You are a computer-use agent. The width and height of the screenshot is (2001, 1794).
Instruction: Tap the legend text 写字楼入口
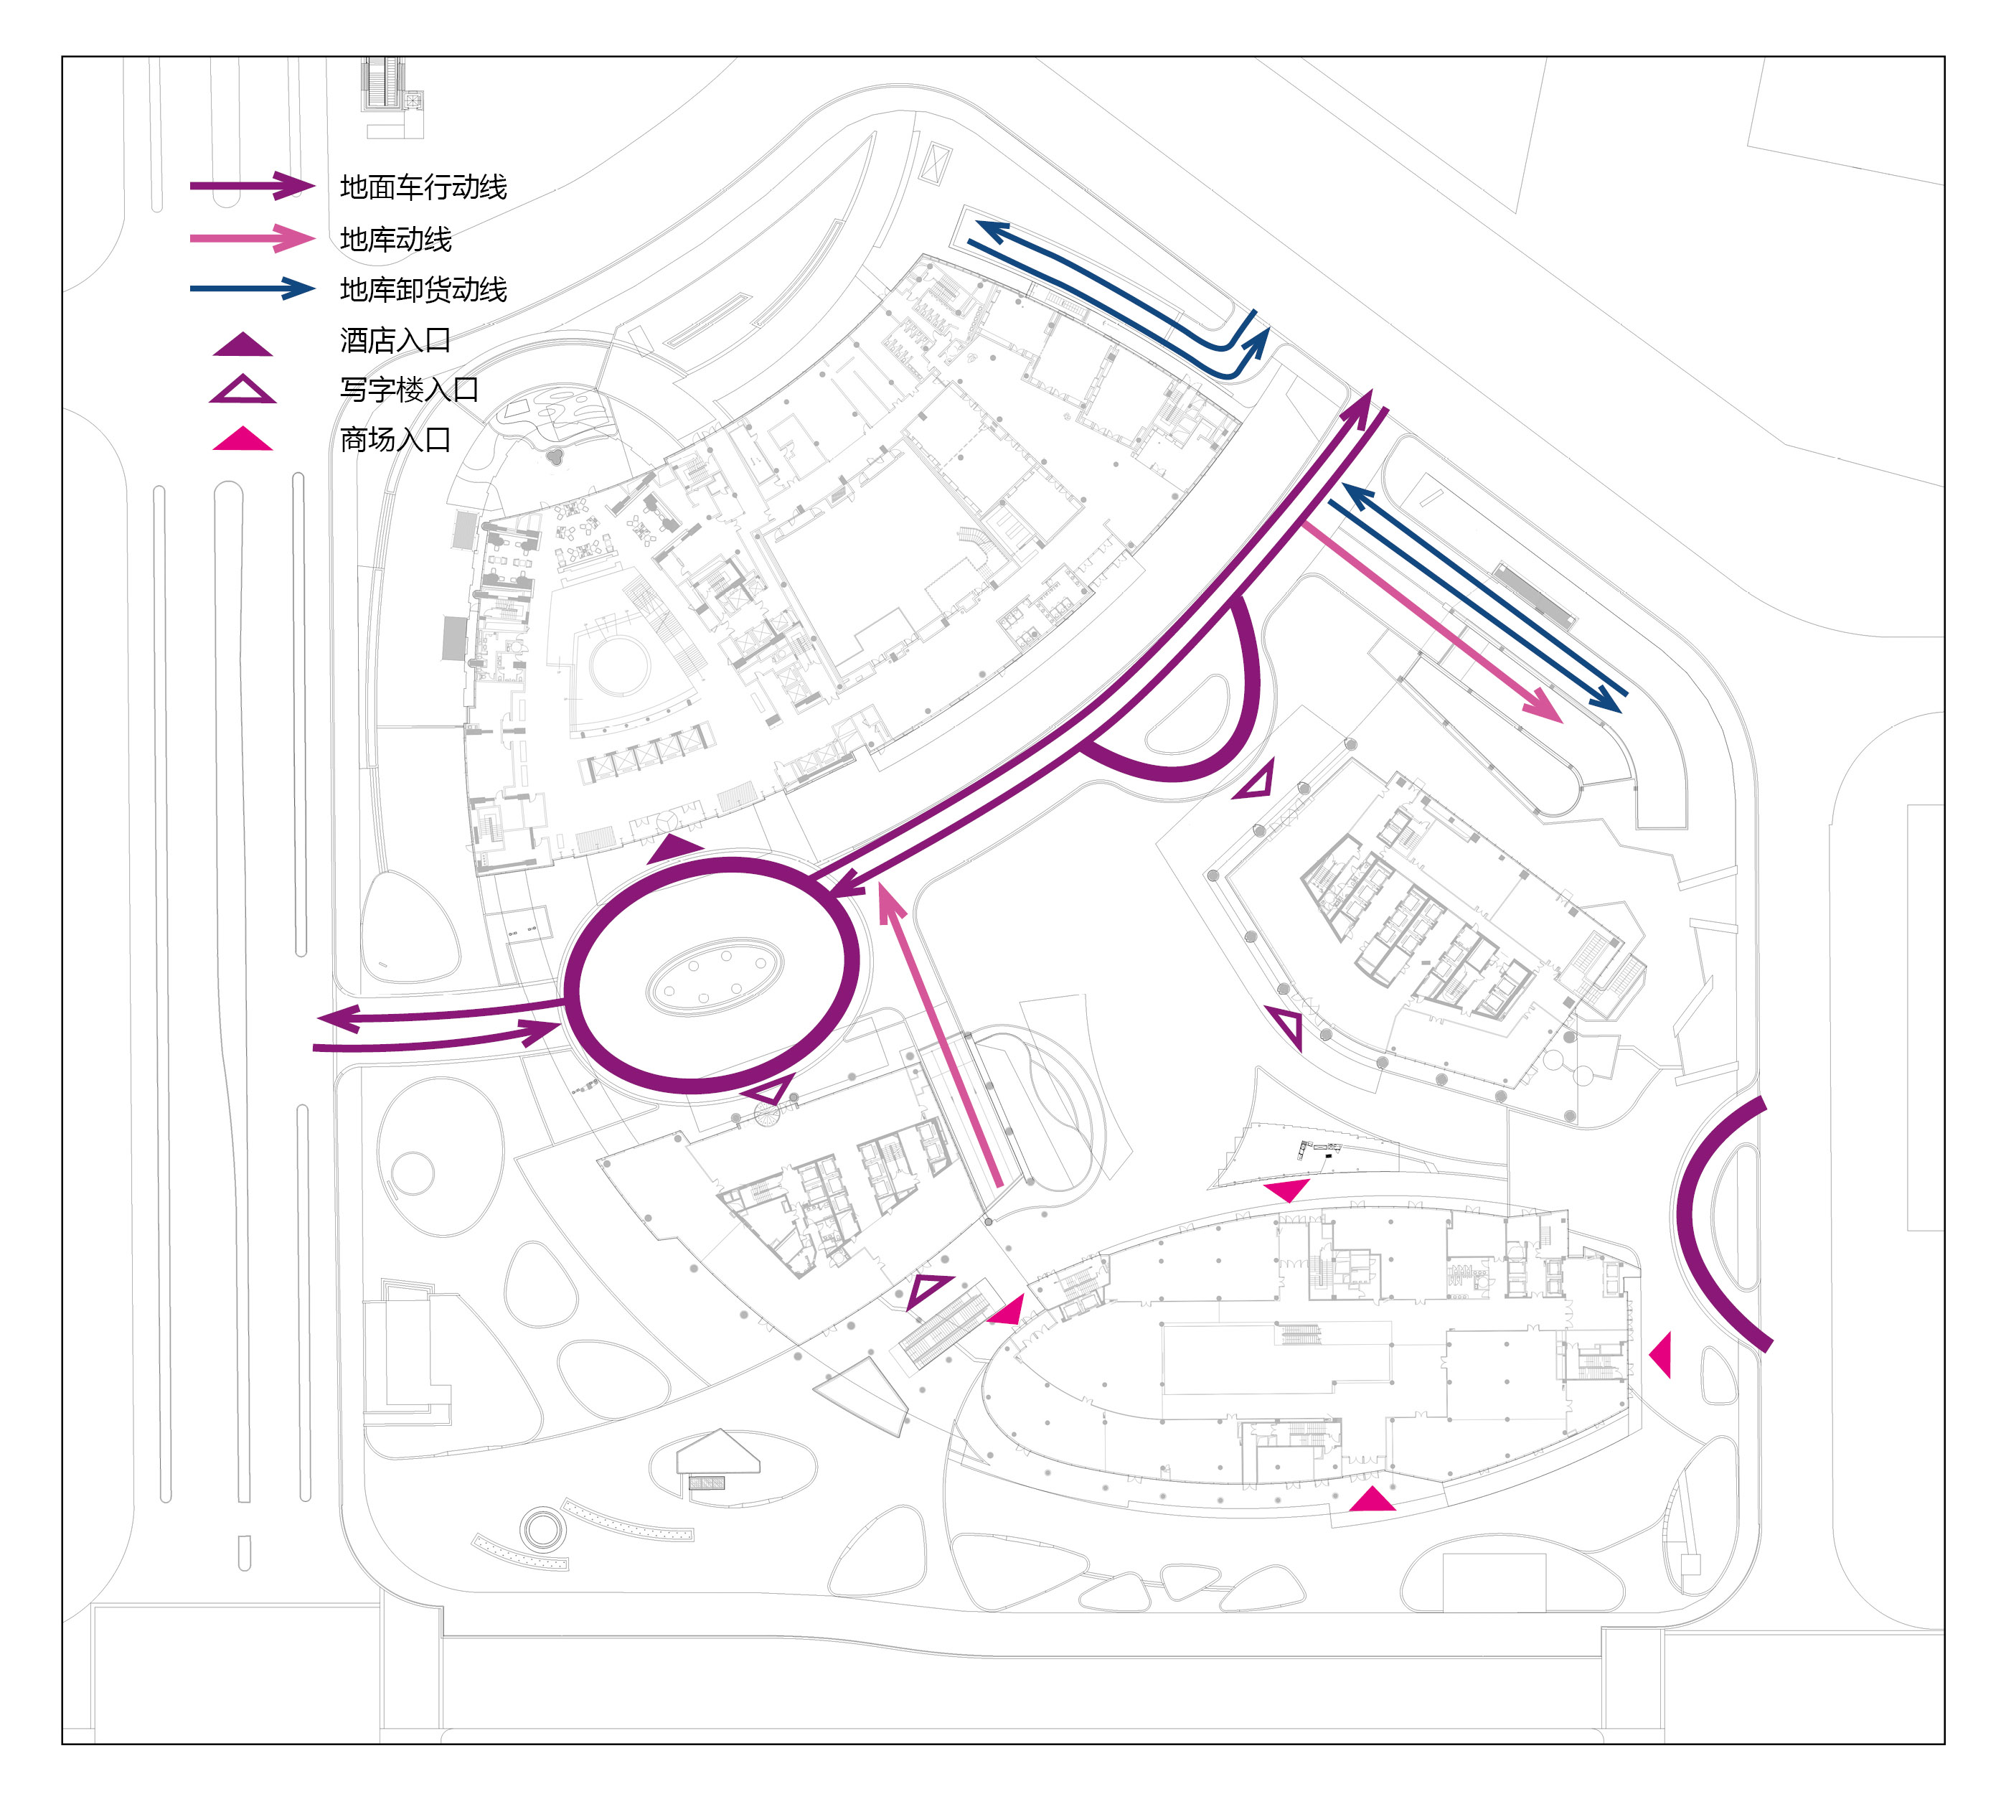click(x=409, y=390)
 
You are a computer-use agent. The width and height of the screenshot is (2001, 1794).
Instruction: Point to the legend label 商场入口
click(x=395, y=440)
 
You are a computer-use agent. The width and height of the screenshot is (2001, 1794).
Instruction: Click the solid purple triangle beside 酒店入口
click(x=243, y=345)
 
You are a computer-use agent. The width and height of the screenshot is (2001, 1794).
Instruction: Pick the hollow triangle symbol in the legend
click(x=243, y=390)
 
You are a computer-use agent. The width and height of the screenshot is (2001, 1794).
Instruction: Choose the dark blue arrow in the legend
click(x=253, y=288)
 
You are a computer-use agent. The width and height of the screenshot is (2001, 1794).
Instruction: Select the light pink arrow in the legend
click(x=253, y=238)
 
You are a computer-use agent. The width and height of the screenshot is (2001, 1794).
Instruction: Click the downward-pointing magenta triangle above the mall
click(x=1287, y=1190)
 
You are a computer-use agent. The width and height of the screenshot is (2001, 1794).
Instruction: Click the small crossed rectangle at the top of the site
click(x=933, y=161)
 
